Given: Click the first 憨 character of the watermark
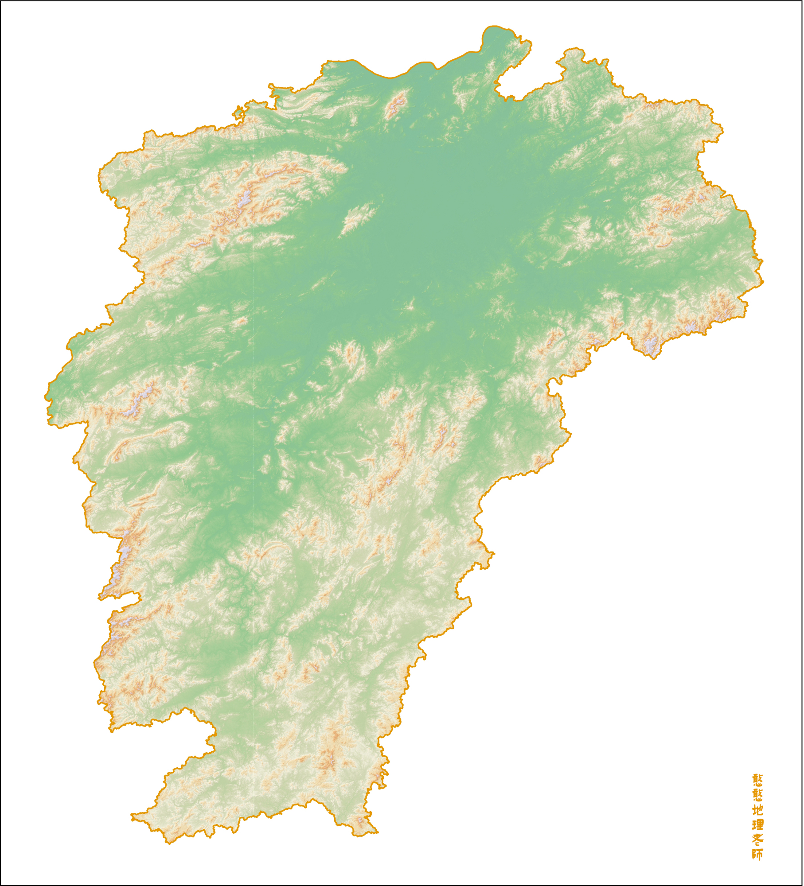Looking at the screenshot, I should click(757, 779).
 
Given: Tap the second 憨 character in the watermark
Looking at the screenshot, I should click(757, 794).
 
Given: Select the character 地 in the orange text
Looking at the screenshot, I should click(757, 809).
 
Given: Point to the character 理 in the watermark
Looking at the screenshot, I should click(757, 824).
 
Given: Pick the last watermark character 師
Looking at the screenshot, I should click(757, 855).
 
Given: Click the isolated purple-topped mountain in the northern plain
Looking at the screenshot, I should click(396, 104).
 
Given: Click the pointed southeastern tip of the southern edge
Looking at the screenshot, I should click(378, 832).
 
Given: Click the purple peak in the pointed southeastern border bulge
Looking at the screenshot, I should click(651, 346).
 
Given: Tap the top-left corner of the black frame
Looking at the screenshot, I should click(1, 1).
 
